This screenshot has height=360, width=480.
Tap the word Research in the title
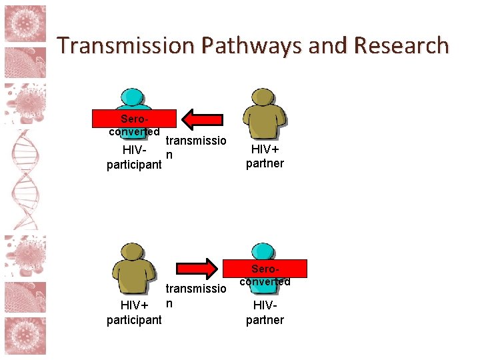tap(402, 45)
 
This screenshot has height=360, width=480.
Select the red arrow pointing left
tap(204, 119)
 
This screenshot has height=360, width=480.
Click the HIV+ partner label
tap(265, 157)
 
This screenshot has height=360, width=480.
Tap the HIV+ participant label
tap(134, 312)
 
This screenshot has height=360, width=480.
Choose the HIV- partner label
tap(265, 313)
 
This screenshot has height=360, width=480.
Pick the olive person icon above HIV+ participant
tap(134, 267)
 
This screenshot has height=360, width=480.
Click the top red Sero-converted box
tap(134, 119)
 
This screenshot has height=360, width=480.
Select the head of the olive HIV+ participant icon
tap(134, 251)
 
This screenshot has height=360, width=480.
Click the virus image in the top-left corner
tap(25, 25)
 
